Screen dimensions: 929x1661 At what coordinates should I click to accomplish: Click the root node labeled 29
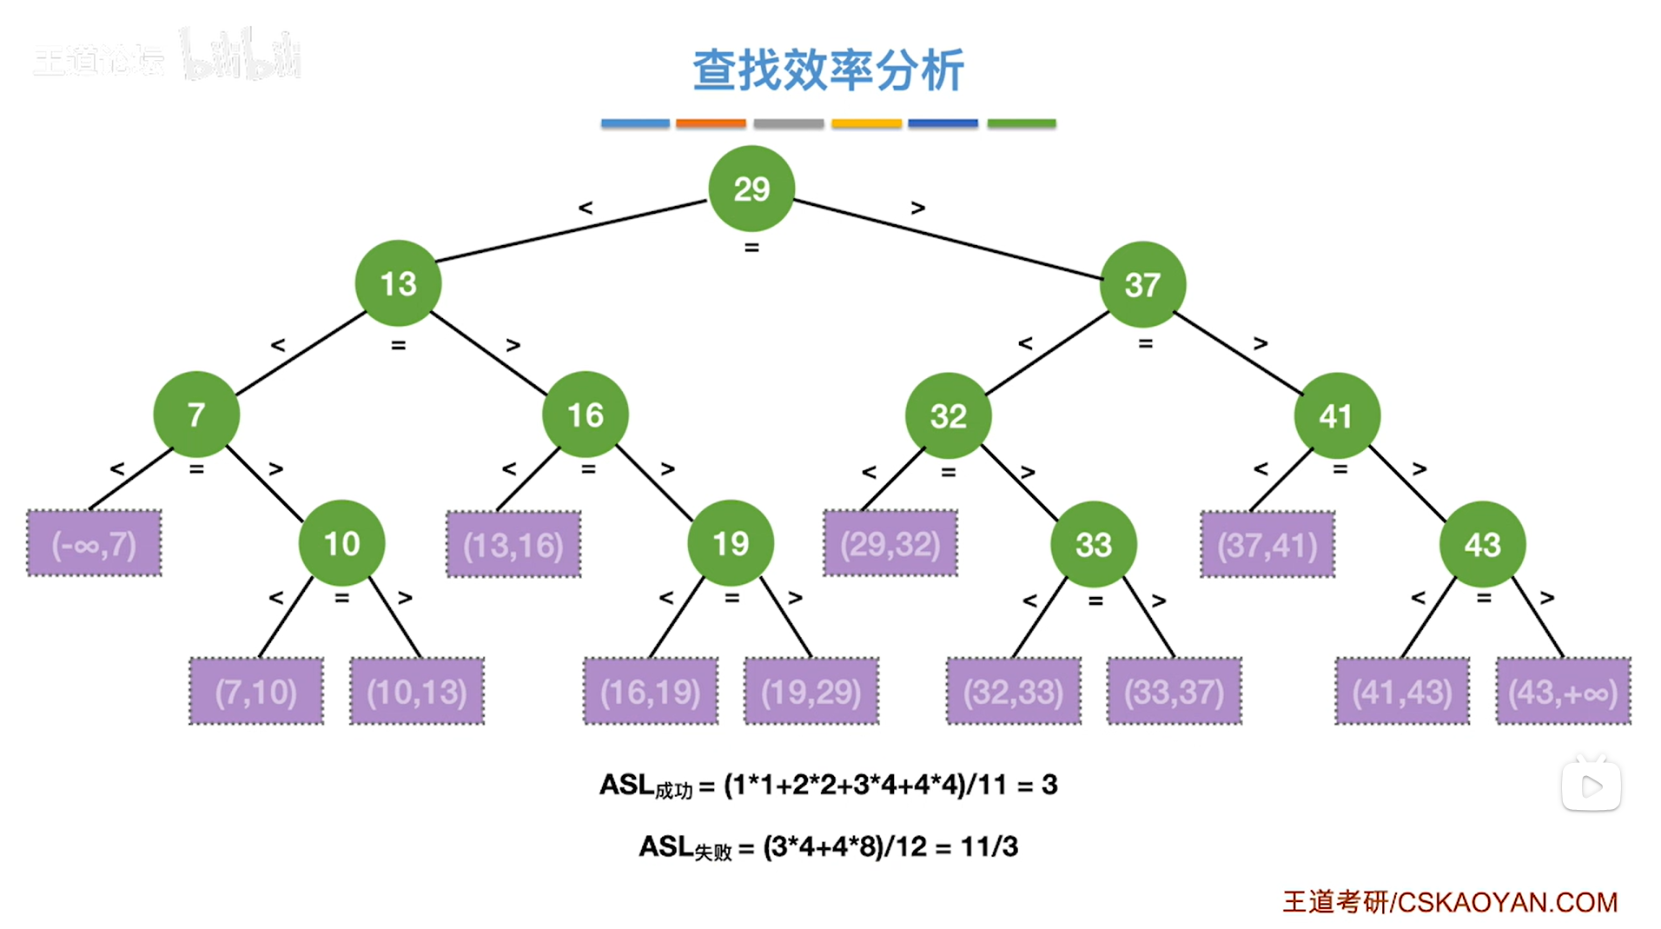751,189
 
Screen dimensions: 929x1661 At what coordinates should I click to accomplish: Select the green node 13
398,283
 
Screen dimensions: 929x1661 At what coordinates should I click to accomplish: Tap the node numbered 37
1142,284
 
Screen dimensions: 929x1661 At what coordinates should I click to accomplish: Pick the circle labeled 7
196,415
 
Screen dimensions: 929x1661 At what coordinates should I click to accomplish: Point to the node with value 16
585,415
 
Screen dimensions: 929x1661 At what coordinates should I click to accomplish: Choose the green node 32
948,415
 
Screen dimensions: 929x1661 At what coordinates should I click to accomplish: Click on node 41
1335,415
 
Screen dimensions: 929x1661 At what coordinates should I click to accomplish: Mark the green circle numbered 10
341,543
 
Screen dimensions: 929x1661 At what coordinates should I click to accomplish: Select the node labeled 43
1481,545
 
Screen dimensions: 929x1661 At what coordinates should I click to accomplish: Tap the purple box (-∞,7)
94,544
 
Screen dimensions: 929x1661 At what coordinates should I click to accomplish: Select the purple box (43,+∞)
1562,692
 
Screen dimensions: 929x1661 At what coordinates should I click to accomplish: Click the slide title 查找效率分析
828,70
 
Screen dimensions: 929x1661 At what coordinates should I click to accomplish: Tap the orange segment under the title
711,123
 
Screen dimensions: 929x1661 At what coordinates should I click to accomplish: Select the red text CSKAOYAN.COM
1506,902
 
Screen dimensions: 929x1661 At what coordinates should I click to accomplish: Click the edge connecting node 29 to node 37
947,239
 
